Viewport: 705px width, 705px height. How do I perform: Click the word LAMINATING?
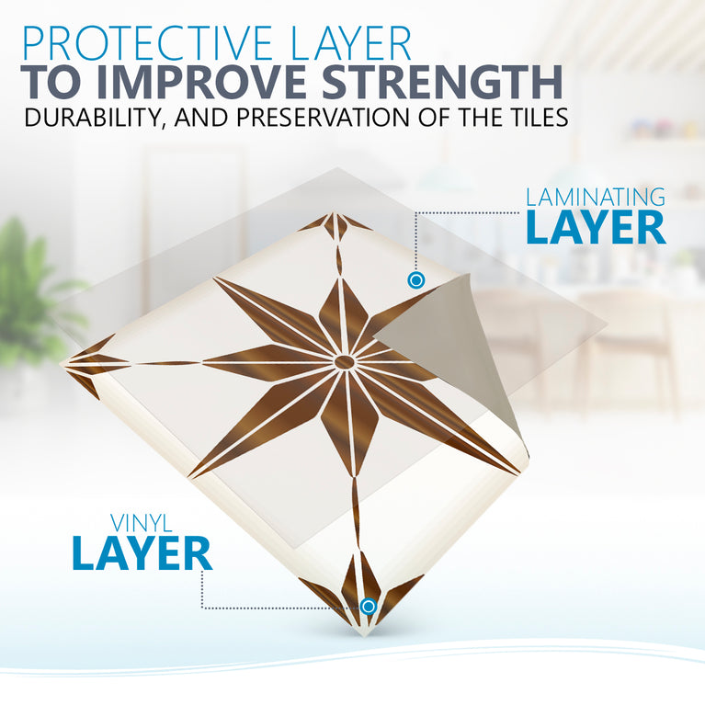(595, 196)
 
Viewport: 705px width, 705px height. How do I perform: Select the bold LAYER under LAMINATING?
(596, 228)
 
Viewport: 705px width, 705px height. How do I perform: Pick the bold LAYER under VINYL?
(142, 553)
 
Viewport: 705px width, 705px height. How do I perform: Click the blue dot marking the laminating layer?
(416, 279)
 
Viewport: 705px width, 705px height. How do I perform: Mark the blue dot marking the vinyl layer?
(368, 606)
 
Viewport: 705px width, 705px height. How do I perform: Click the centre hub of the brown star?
(344, 362)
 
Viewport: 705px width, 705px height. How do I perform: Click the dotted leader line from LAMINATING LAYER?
(460, 213)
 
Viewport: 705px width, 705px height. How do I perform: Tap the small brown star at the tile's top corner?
(335, 225)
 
